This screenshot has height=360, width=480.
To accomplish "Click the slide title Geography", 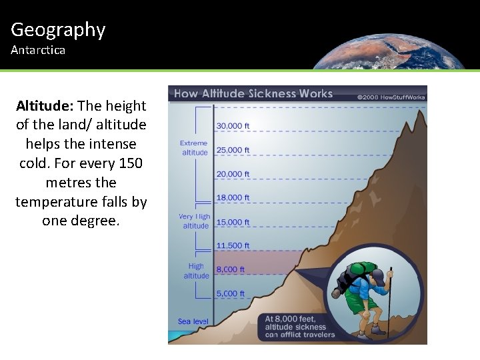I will click(x=58, y=30).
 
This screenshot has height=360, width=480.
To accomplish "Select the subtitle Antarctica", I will click(x=38, y=51).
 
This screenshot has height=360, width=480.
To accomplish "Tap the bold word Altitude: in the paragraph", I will click(x=45, y=106).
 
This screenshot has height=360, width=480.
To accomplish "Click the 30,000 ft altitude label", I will click(x=232, y=125).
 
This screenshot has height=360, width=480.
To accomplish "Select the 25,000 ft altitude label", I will click(x=232, y=150).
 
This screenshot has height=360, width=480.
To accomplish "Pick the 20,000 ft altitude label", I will click(x=232, y=174).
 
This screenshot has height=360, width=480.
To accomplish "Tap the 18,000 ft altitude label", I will click(x=232, y=198).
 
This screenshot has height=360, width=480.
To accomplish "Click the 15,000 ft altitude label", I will click(x=232, y=222).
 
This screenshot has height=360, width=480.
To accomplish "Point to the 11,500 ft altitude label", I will click(x=232, y=245).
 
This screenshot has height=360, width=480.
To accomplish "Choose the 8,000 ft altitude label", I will click(x=231, y=269).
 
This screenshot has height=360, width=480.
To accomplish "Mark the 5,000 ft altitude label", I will click(x=231, y=293).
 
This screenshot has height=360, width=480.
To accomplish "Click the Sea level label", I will click(x=193, y=321).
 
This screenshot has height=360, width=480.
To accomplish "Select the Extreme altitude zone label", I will click(x=195, y=148).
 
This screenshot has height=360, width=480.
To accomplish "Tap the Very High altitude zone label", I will click(x=195, y=221).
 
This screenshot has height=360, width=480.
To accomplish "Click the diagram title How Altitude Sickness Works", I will click(x=253, y=93).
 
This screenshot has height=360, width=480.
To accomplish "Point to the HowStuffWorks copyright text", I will click(x=391, y=96).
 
